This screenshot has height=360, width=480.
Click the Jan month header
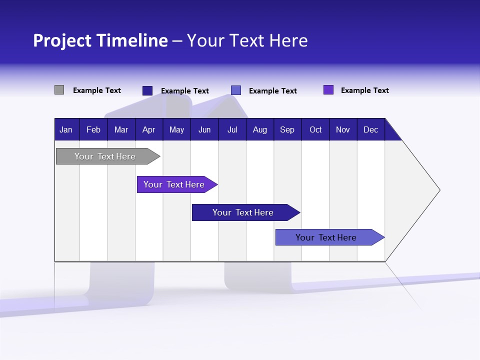66,129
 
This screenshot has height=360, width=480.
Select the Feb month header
93,129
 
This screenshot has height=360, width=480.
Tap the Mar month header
121,129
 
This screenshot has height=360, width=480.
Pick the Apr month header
149,129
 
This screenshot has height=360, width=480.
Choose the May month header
176,129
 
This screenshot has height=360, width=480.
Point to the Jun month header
204,129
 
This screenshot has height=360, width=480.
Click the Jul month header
232,129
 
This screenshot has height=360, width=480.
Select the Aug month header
260,129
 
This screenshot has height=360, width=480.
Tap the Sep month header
287,129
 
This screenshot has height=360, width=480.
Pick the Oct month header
315,129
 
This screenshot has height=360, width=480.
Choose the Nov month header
343,129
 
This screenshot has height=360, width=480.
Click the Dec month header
371,129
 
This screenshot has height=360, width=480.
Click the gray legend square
59,90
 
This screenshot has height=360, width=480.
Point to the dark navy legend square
147,90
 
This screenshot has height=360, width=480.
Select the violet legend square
328,90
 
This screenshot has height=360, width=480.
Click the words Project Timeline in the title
100,40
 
